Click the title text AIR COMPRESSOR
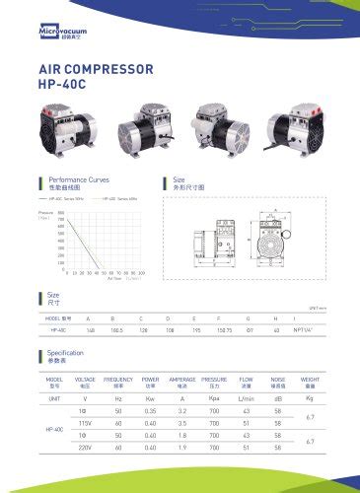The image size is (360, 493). coord(95,71)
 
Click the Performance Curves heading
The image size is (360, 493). coord(79,180)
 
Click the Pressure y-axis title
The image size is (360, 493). coord(45,213)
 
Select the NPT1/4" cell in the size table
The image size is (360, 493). coord(304,330)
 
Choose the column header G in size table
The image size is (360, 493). coord(249,318)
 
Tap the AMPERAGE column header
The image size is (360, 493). coord(181,380)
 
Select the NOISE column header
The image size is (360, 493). coord(278,380)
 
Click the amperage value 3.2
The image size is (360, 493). coord(181,410)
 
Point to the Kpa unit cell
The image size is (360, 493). coord(214,397)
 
